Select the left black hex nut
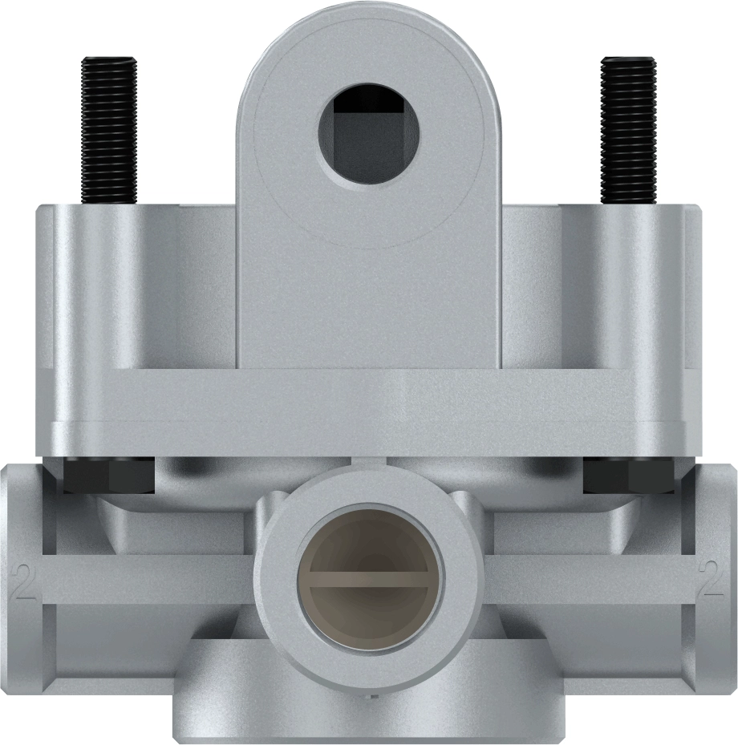pos(107,476)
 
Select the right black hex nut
pos(628,476)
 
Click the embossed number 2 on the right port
pos(712,584)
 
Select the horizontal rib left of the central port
pos(144,578)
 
